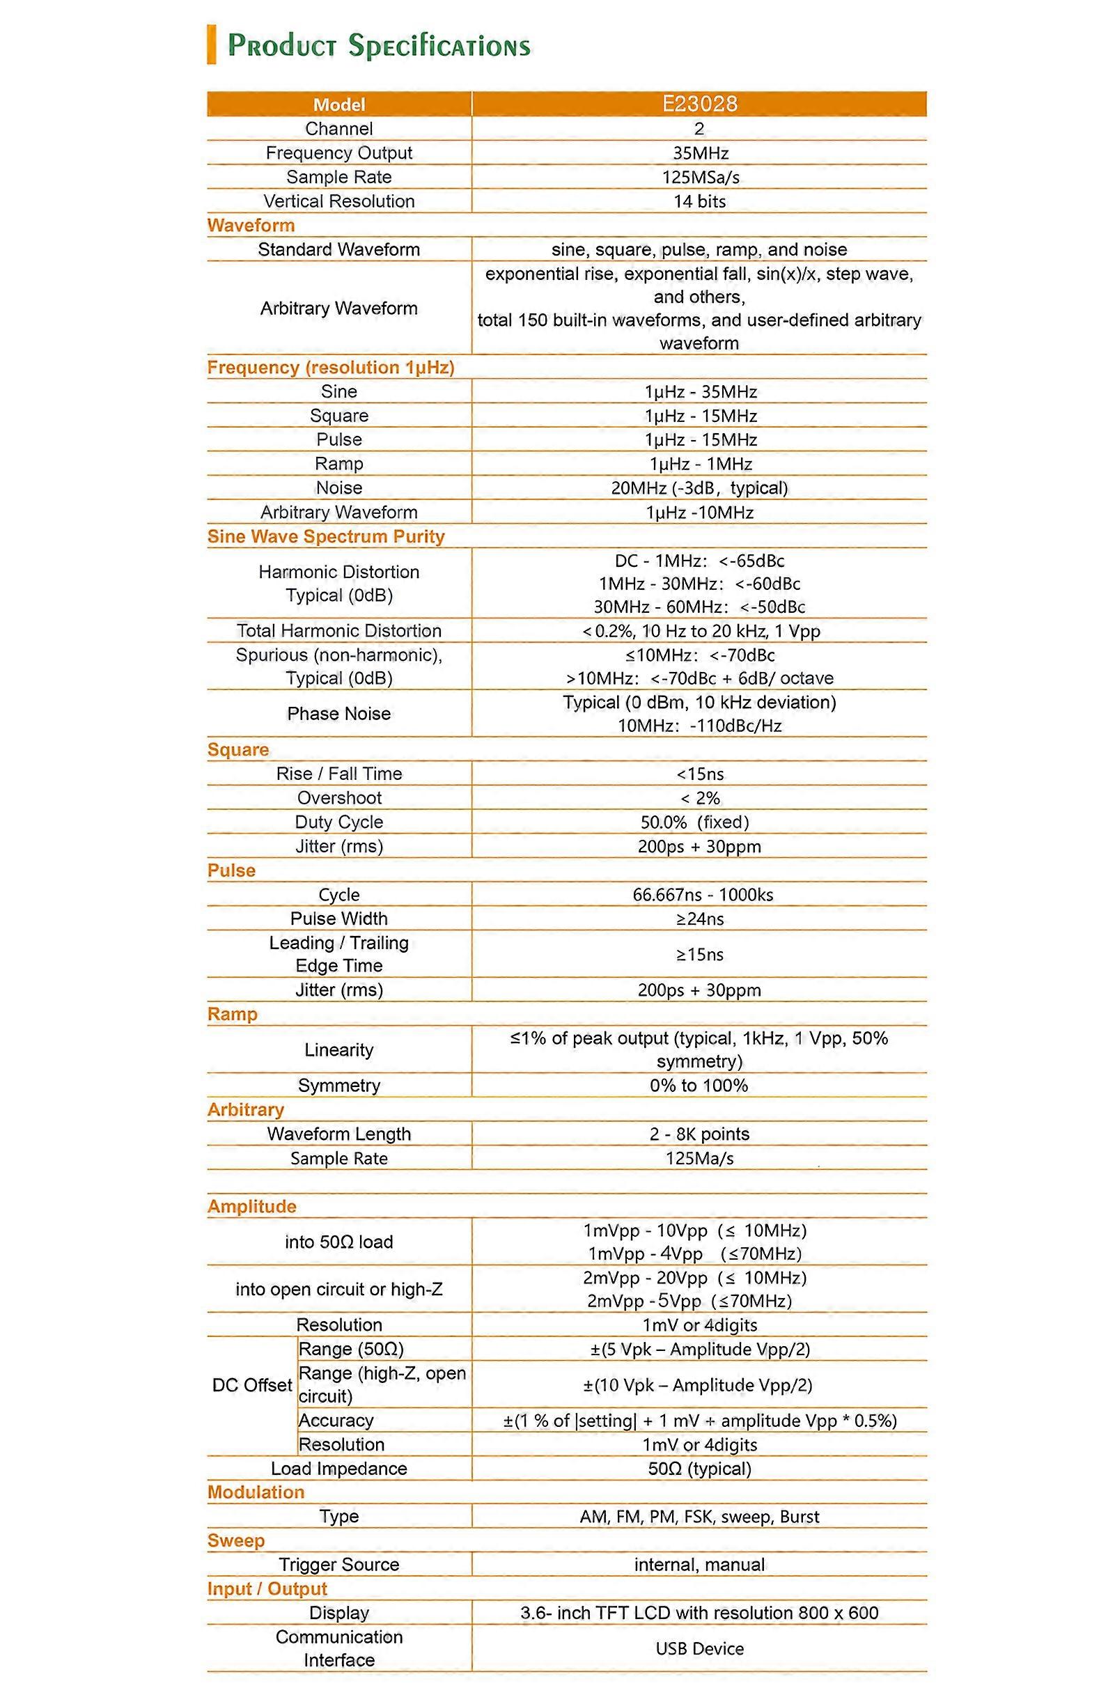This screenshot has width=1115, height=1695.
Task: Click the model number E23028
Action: pos(699,104)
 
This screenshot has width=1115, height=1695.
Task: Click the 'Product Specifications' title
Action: pos(378,45)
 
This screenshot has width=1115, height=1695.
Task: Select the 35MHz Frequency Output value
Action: pos(699,153)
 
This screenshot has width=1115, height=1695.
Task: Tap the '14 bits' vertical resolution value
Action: pos(699,201)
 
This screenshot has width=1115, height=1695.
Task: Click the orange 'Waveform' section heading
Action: pos(251,225)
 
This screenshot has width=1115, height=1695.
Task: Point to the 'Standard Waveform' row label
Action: pos(338,249)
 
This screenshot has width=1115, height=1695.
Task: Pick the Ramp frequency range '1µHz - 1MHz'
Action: pos(701,464)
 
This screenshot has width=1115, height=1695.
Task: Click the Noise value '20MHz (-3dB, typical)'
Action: pos(699,488)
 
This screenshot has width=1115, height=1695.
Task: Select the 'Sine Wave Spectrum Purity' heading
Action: pos(326,536)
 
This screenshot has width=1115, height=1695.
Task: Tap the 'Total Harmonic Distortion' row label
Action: pos(338,630)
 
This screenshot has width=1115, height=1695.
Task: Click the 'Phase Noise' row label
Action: pos(338,714)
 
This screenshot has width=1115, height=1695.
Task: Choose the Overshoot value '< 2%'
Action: pos(699,798)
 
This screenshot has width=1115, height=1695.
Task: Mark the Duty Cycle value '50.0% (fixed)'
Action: pos(694,822)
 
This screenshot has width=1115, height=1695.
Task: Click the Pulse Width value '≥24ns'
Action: pos(699,919)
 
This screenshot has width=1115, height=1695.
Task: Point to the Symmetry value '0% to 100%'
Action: pos(699,1086)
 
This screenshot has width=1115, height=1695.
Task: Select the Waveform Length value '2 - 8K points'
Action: pos(699,1134)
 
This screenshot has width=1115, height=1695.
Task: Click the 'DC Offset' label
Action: pos(252,1384)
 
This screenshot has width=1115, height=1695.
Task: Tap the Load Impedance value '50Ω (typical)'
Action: pos(699,1469)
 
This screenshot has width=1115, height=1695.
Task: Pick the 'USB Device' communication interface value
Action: pos(699,1648)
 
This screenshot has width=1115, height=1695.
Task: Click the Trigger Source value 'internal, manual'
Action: pos(699,1565)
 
